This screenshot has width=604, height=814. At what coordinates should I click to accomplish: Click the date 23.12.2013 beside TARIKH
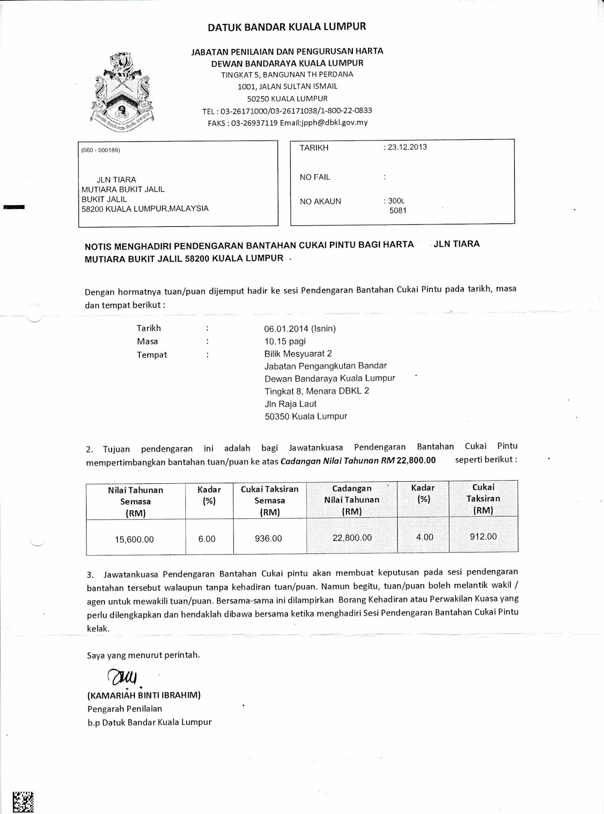pyautogui.click(x=407, y=147)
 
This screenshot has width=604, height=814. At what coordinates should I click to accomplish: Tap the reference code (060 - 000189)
pyautogui.click(x=100, y=150)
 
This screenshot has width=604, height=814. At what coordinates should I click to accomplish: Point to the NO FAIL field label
pyautogui.click(x=315, y=177)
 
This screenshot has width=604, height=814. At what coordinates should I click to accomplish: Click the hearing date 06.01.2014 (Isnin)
pyautogui.click(x=300, y=329)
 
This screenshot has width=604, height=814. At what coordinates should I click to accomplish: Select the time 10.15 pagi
pyautogui.click(x=285, y=341)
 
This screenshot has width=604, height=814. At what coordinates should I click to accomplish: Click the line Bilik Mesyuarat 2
pyautogui.click(x=298, y=354)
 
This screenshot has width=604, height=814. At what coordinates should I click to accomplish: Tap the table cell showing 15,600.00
pyautogui.click(x=134, y=539)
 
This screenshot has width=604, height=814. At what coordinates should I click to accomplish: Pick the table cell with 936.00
pyautogui.click(x=268, y=538)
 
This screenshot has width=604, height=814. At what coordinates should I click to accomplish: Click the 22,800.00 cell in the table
pyautogui.click(x=352, y=538)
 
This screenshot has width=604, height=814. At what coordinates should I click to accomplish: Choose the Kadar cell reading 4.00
pyautogui.click(x=425, y=537)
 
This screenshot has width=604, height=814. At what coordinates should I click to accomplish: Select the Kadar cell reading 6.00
pyautogui.click(x=207, y=539)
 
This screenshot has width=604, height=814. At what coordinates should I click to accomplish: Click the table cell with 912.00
pyautogui.click(x=483, y=536)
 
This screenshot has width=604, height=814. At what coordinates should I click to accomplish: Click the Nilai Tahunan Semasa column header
pyautogui.click(x=135, y=502)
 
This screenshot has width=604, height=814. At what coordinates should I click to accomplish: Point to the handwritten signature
pyautogui.click(x=121, y=677)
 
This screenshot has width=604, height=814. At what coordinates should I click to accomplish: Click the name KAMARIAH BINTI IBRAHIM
pyautogui.click(x=144, y=695)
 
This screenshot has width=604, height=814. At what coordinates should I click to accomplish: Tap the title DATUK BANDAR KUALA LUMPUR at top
pyautogui.click(x=287, y=26)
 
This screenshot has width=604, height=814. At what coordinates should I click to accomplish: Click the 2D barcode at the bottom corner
pyautogui.click(x=22, y=802)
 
